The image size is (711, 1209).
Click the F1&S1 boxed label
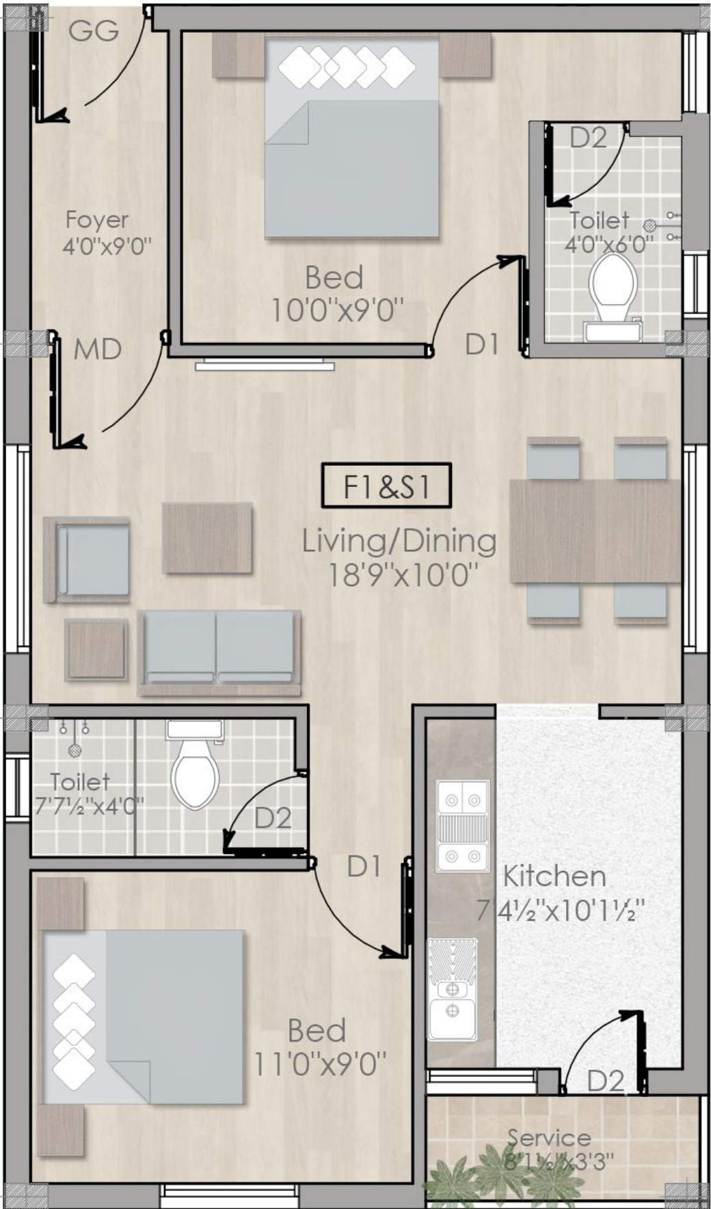point(386,486)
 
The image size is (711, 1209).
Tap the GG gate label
point(94,30)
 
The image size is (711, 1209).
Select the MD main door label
point(98,349)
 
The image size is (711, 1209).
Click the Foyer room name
point(96,219)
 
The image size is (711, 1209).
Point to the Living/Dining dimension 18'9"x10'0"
point(402,575)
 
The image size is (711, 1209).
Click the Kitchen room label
point(554,876)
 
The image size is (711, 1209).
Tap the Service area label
point(549,1137)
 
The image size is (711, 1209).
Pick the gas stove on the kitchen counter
point(462,826)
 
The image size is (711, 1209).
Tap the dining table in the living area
point(595,531)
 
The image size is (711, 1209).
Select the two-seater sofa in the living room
point(219,652)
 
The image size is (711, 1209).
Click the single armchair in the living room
point(87,560)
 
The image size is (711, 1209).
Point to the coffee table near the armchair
point(207,538)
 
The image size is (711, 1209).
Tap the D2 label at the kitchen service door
point(606,1081)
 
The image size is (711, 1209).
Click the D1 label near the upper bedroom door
point(483,344)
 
